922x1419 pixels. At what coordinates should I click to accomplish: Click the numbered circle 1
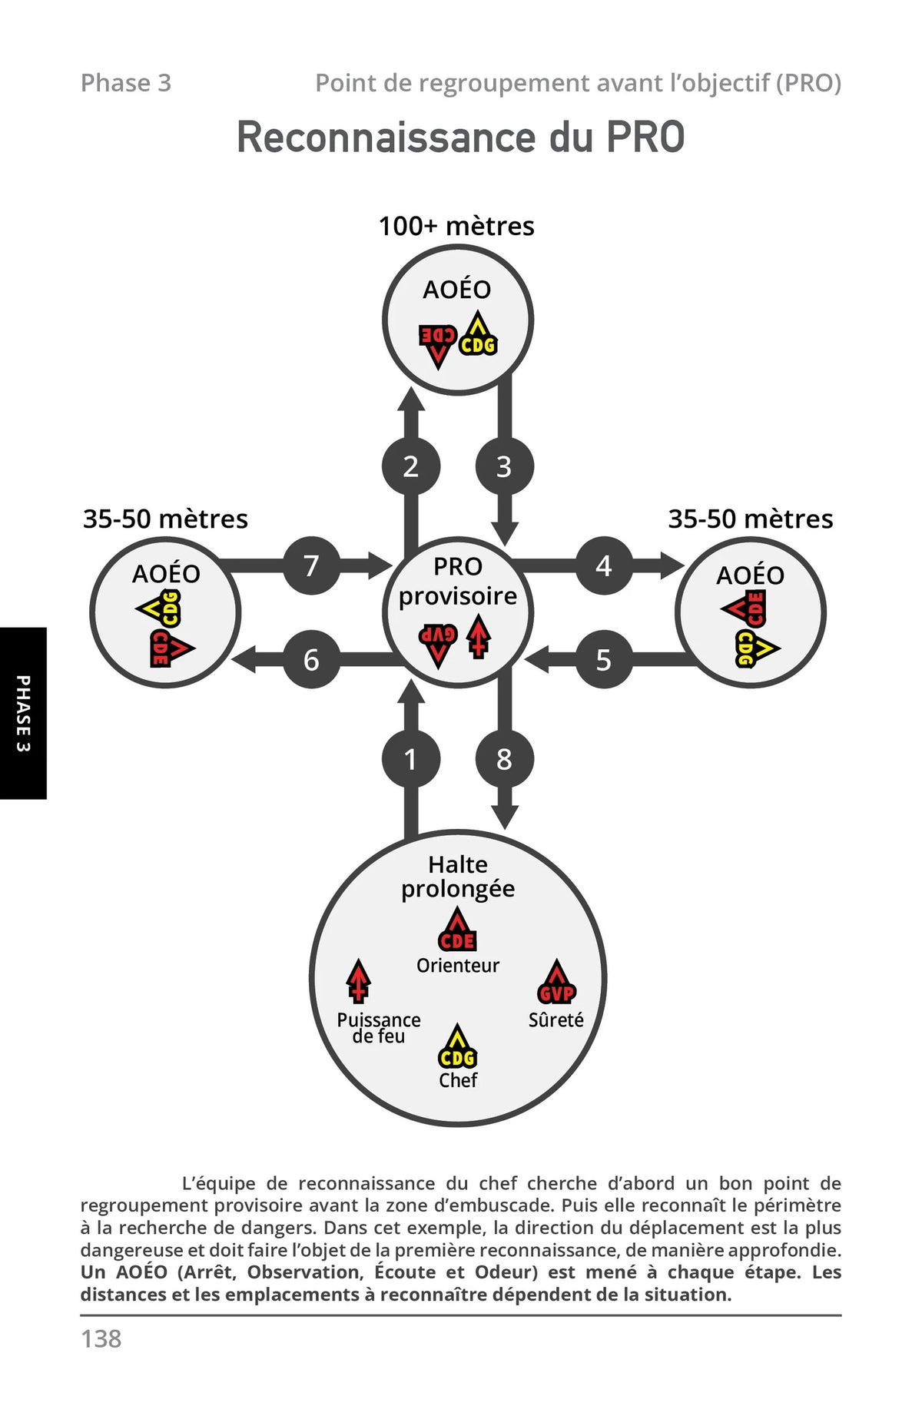pos(411,759)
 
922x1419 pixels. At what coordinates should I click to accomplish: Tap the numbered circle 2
pos(411,466)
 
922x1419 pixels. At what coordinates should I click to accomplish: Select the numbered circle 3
pos(504,466)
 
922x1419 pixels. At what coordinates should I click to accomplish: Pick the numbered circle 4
pos(604,565)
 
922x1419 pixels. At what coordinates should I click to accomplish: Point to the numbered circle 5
pos(604,659)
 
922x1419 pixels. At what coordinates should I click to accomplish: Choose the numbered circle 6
pos(311,659)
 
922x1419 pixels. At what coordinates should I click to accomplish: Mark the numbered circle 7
pos(311,565)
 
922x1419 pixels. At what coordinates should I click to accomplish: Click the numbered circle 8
pos(504,759)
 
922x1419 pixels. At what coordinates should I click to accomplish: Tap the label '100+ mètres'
pos(456,226)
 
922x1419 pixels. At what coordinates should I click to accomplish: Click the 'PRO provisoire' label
pos(458,582)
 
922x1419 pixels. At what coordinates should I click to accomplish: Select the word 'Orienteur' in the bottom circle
pos(458,965)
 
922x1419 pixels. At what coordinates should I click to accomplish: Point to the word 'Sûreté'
pos(556,1019)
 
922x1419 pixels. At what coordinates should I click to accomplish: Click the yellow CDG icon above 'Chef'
pos(458,1047)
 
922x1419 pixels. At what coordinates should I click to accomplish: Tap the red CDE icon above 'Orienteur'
pos(457,930)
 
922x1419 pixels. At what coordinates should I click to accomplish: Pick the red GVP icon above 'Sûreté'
pos(556,983)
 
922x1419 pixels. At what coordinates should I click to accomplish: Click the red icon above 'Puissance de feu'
pos(358,982)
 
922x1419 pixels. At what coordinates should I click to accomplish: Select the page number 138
pos(101,1338)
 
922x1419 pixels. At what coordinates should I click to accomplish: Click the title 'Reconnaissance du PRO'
pos(460,138)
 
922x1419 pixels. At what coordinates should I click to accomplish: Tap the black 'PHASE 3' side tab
pos(23,713)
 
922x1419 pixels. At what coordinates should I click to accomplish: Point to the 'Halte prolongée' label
pos(458,877)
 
